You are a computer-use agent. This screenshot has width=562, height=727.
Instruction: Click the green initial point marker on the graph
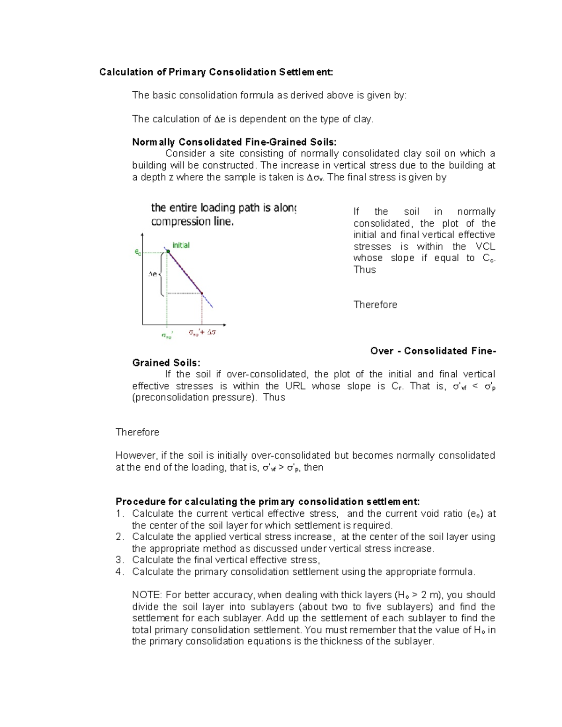pyautogui.click(x=168, y=252)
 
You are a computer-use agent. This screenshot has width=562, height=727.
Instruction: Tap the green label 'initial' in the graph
pyautogui.click(x=181, y=245)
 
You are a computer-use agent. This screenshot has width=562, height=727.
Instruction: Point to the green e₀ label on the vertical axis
pyautogui.click(x=137, y=252)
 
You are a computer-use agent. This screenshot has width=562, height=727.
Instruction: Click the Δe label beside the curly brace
pyautogui.click(x=153, y=274)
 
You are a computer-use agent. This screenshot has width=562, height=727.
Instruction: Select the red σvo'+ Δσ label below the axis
pyautogui.click(x=202, y=333)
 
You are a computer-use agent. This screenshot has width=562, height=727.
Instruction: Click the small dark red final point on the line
pyautogui.click(x=202, y=294)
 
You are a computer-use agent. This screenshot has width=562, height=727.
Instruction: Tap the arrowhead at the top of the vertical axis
pyautogui.click(x=142, y=235)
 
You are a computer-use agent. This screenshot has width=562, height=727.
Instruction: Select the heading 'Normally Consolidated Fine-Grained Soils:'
pyautogui.click(x=234, y=142)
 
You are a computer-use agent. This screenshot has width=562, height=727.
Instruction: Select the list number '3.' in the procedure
pyautogui.click(x=119, y=560)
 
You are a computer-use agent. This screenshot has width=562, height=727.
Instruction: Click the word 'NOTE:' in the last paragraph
pyautogui.click(x=147, y=595)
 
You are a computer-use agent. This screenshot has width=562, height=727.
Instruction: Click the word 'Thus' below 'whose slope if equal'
pyautogui.click(x=364, y=270)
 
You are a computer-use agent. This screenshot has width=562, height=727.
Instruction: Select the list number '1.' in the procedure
pyautogui.click(x=119, y=514)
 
